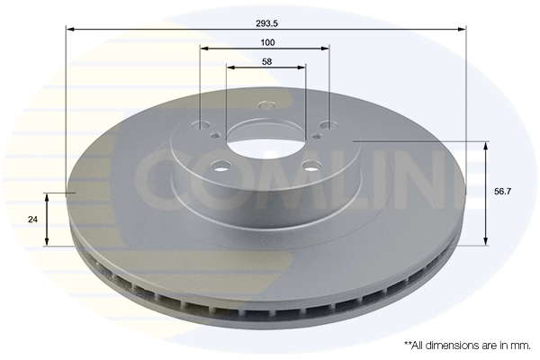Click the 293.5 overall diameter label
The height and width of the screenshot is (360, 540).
coord(266,23)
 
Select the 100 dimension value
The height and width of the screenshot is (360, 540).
coord(266,41)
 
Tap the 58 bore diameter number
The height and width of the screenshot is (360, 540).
coord(266,61)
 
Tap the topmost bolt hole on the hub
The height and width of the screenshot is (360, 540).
coord(265,105)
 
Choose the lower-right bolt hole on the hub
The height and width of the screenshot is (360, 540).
coord(309,165)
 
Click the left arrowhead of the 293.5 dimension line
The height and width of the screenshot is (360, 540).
coord(69,30)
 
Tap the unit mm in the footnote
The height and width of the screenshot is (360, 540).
coord(519,345)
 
